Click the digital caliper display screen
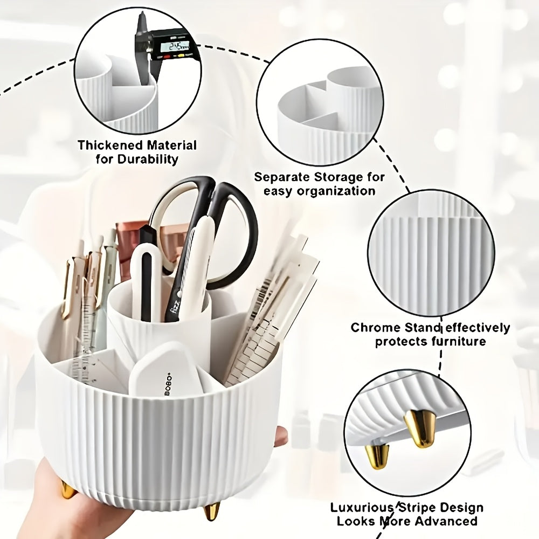click(173, 47)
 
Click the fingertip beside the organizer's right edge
click(281, 434)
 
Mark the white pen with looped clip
click(146, 275)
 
